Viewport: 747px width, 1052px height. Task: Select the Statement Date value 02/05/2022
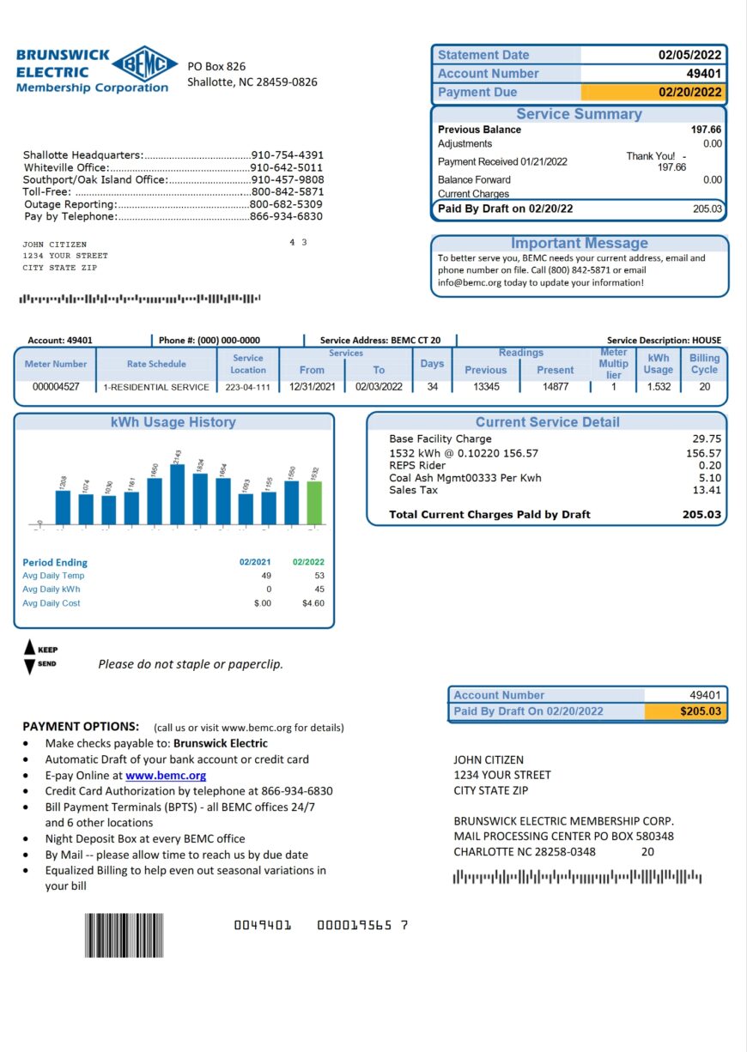pyautogui.click(x=690, y=55)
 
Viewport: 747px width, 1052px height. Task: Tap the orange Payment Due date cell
pyautogui.click(x=653, y=93)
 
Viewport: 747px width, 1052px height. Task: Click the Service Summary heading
pyautogui.click(x=579, y=114)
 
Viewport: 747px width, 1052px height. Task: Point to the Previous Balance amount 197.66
pyautogui.click(x=706, y=130)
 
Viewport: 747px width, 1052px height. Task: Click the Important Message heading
pyautogui.click(x=579, y=244)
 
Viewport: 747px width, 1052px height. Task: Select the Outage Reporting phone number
pyautogui.click(x=286, y=204)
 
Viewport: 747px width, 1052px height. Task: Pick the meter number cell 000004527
pyautogui.click(x=56, y=387)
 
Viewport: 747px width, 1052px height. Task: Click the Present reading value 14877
pyautogui.click(x=555, y=387)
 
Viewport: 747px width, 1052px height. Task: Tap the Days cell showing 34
pyautogui.click(x=431, y=387)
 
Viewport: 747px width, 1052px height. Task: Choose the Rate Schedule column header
pyautogui.click(x=156, y=364)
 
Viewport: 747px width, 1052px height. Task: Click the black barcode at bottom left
pyautogui.click(x=124, y=935)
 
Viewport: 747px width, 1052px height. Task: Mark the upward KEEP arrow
pyautogui.click(x=29, y=649)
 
